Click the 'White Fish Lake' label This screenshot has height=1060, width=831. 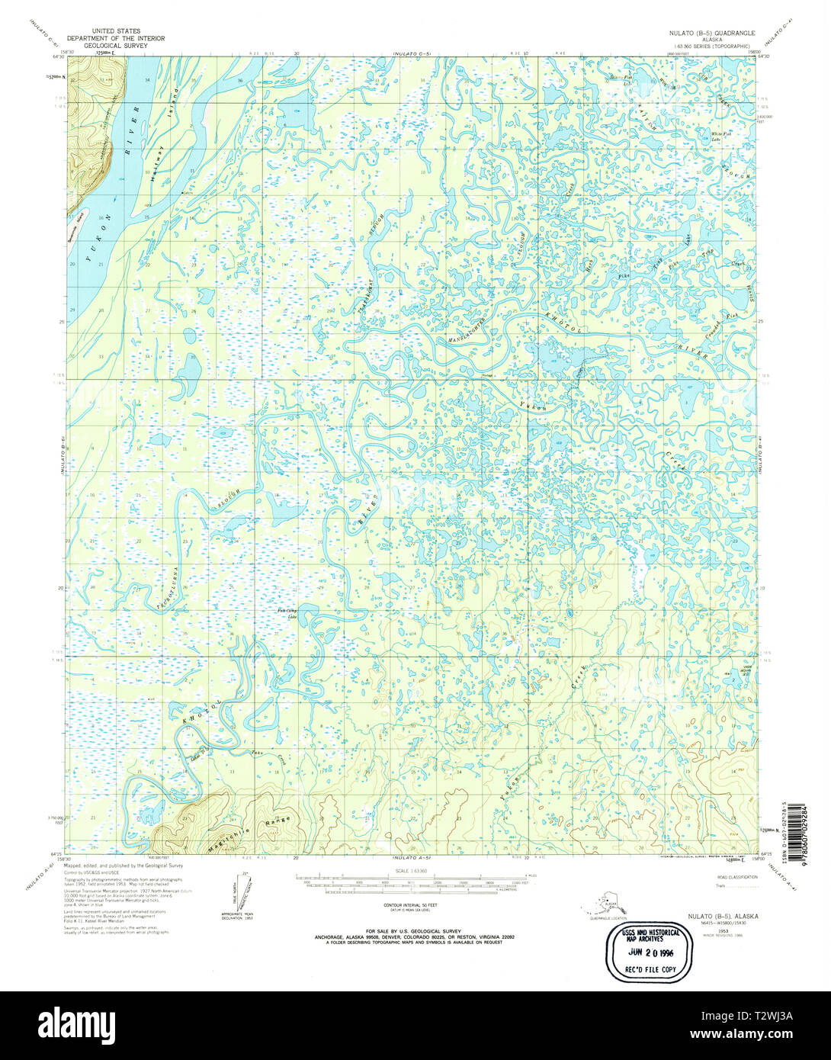pos(710,136)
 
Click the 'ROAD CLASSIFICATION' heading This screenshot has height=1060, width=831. pos(736,877)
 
